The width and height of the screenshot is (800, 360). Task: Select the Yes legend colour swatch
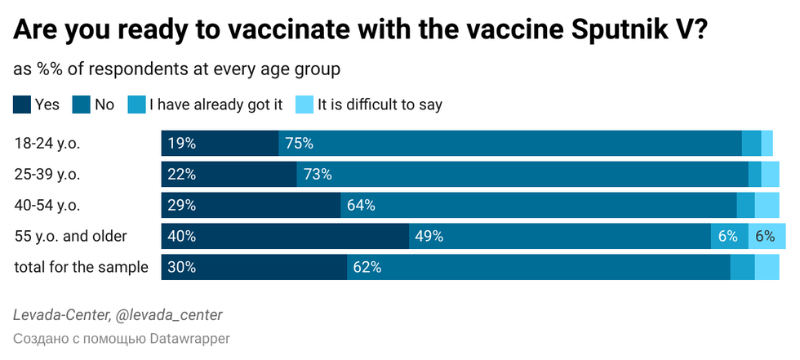[23, 104]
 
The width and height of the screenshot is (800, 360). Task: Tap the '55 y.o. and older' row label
[71, 236]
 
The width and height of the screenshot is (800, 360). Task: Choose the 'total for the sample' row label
[82, 267]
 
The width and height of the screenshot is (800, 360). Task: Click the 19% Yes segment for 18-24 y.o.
[220, 144]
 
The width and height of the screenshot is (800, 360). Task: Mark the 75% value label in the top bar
[299, 144]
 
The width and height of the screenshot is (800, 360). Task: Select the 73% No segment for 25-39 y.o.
[522, 174]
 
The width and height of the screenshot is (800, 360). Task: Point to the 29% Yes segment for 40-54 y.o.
[251, 205]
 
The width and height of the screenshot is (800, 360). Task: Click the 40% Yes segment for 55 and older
[285, 236]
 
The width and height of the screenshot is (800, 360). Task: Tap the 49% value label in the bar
[429, 236]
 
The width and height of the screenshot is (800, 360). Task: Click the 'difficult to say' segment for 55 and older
[764, 236]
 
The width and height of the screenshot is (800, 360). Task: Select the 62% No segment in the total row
[539, 267]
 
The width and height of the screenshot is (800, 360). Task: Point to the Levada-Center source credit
[118, 315]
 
